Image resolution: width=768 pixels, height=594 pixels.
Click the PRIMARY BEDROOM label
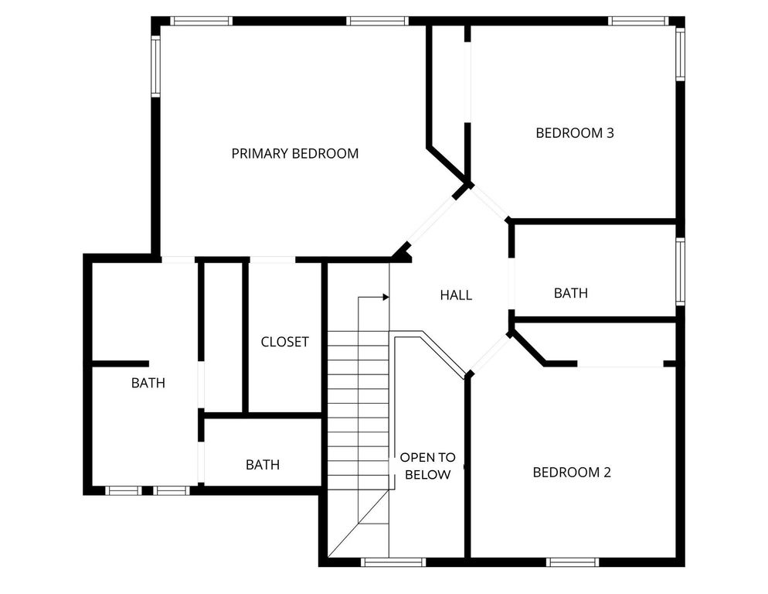[294, 153]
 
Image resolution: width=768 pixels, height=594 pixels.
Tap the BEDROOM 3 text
[574, 133]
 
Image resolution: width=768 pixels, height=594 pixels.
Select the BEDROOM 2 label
[572, 472]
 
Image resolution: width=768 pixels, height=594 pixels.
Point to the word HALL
[456, 295]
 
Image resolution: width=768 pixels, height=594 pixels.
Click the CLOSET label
[284, 342]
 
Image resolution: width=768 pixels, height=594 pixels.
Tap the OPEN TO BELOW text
[427, 466]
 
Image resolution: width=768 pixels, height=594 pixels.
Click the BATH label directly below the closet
[263, 465]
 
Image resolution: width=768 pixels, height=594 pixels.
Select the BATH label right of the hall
[571, 293]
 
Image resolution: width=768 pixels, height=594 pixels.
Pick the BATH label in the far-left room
[148, 382]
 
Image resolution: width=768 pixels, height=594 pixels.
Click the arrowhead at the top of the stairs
[384, 296]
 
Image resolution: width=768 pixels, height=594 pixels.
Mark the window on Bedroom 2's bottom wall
[573, 562]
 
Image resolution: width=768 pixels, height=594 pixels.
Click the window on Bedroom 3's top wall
[637, 21]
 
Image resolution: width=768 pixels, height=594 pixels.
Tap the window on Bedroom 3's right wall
[680, 54]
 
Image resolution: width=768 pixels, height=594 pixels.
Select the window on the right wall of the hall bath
[680, 271]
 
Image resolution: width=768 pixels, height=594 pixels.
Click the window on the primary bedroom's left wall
[155, 67]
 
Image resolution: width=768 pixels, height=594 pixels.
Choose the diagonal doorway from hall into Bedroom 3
[491, 203]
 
